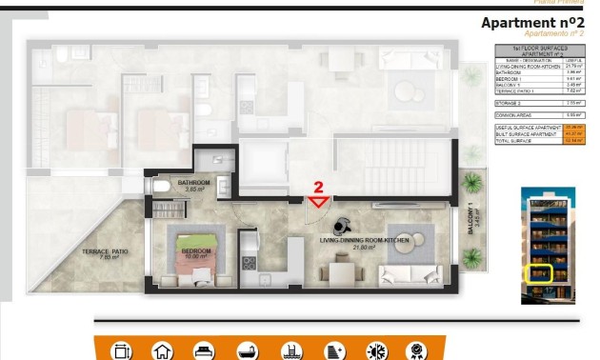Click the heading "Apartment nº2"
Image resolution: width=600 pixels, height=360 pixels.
pos(531,23)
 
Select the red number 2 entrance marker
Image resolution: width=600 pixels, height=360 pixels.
pos(320,188)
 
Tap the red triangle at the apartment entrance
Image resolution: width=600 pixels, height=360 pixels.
pos(319,201)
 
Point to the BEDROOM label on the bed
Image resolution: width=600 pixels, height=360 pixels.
pos(194,251)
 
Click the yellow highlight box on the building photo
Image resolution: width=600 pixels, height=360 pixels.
pos(540,274)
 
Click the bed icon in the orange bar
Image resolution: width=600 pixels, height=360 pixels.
pos(204,350)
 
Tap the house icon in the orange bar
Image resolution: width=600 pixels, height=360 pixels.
pos(163,350)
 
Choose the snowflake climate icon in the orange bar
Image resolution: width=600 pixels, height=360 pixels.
pos(376,350)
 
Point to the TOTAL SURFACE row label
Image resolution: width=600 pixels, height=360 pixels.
pos(514,139)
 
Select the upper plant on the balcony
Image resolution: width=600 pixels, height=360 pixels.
pos(470,182)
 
